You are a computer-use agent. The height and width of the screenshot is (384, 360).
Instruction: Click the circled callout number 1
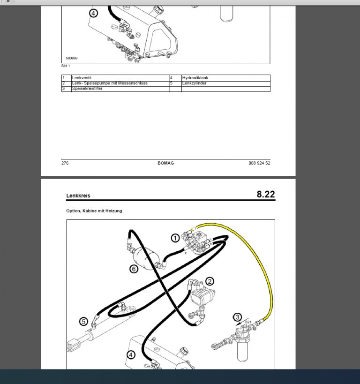click(x=174, y=238)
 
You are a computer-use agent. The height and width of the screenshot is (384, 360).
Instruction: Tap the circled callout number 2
click(x=210, y=281)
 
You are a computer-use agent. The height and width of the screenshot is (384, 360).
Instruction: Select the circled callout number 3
click(x=238, y=317)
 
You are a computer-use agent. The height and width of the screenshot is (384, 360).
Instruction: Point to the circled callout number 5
click(x=83, y=321)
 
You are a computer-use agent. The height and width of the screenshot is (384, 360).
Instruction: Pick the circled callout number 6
click(x=134, y=269)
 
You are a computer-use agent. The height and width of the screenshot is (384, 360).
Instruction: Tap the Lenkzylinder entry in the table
click(x=194, y=83)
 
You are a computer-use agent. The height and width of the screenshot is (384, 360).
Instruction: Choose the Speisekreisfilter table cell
click(x=87, y=89)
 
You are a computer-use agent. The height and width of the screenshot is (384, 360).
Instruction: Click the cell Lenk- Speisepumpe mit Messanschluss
click(x=110, y=83)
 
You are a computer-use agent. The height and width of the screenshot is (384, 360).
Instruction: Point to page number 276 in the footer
click(x=65, y=163)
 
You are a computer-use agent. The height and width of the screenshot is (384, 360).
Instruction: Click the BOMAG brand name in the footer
click(x=165, y=163)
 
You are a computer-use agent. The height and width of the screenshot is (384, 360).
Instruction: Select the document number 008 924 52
click(x=259, y=163)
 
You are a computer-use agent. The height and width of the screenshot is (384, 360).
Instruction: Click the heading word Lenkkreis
click(x=78, y=196)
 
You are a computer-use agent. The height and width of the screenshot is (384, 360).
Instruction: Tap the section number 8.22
click(x=266, y=194)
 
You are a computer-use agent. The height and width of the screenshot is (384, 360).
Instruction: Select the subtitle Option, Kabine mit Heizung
click(x=94, y=211)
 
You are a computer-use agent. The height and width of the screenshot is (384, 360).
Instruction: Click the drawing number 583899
click(x=72, y=58)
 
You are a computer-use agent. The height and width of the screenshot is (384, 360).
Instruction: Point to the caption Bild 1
click(x=66, y=66)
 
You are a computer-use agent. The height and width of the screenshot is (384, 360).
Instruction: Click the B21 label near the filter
click(x=248, y=322)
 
